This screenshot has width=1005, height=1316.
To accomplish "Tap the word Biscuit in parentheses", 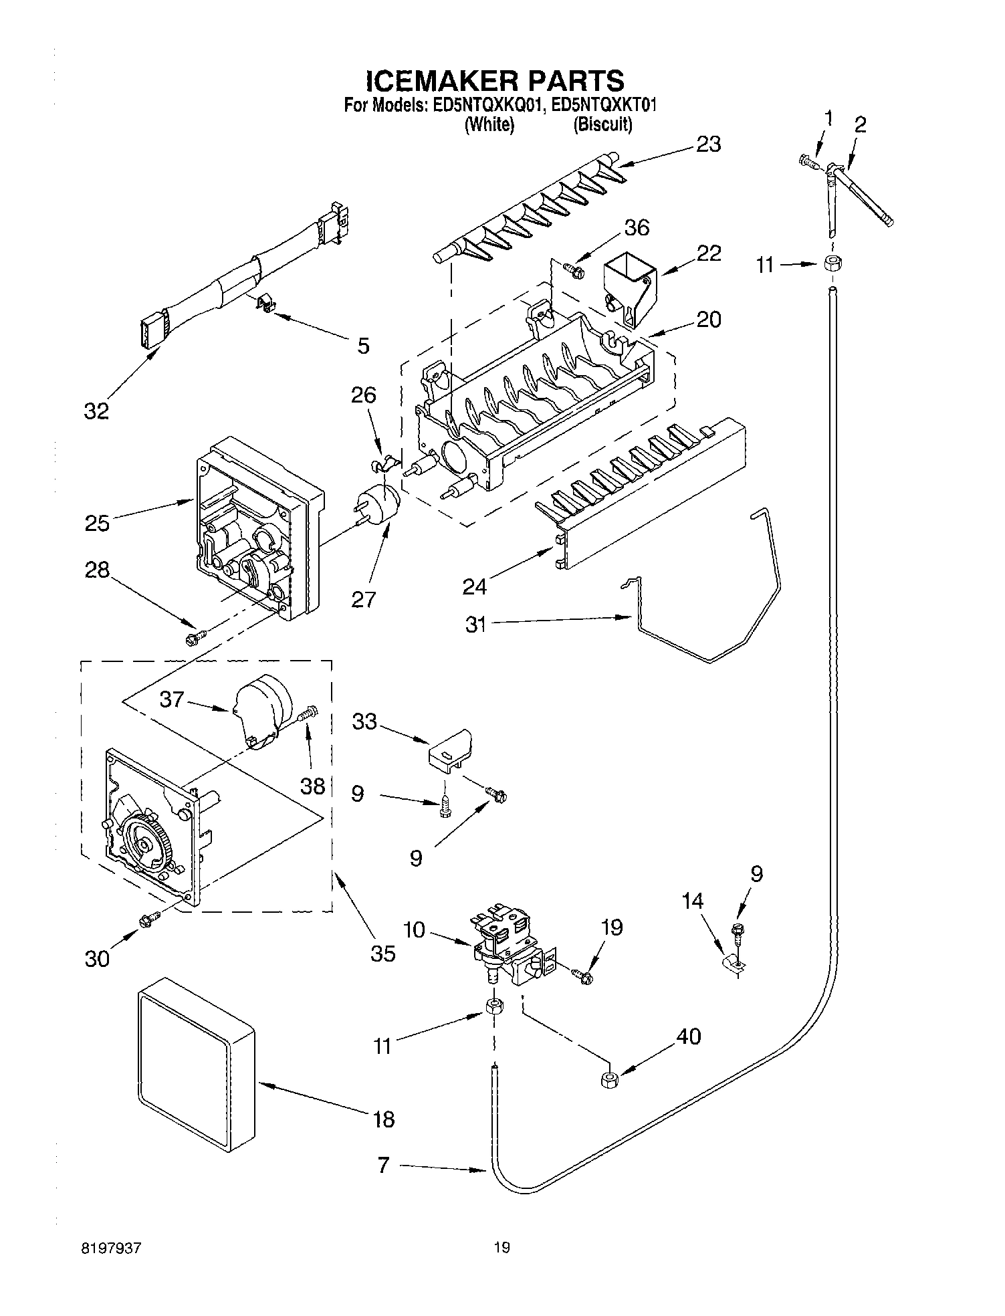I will tap(602, 124).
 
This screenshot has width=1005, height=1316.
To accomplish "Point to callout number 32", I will tap(96, 411).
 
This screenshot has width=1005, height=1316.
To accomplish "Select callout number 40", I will tap(689, 1036).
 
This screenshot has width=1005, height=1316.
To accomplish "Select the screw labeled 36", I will tap(573, 270).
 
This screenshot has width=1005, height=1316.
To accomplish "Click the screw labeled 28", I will tap(195, 637).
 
